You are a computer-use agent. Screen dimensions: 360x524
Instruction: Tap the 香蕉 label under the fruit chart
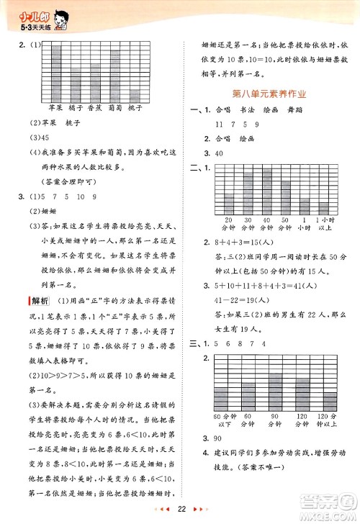(x=94, y=109)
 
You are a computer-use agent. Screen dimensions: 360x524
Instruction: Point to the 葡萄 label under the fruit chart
(x=114, y=109)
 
